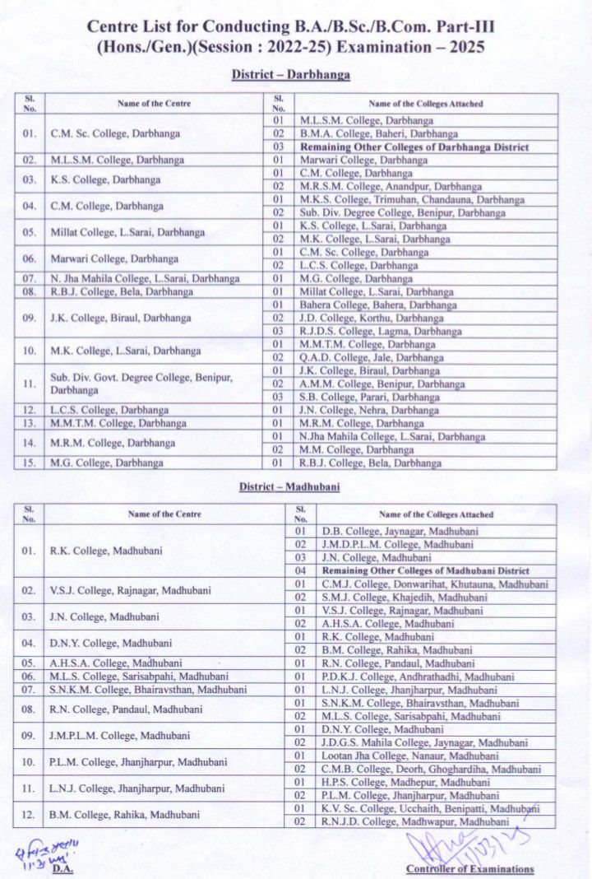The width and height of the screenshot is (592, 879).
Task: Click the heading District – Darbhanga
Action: (x=291, y=75)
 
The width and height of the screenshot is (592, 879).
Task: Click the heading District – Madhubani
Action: (x=289, y=487)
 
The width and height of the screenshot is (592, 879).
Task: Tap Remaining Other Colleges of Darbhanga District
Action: (x=402, y=146)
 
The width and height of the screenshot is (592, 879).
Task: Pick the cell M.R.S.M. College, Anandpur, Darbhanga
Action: (x=391, y=186)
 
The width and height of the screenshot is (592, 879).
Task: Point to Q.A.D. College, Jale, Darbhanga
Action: (x=372, y=358)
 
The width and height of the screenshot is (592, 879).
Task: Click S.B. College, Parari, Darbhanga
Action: (x=369, y=397)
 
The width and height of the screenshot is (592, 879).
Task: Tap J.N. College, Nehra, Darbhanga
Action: (x=369, y=410)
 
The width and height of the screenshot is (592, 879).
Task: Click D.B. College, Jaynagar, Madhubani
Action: (x=389, y=532)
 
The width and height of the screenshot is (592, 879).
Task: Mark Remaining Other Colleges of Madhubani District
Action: (x=425, y=570)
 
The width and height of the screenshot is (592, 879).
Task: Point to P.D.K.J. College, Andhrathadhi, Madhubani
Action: (x=406, y=677)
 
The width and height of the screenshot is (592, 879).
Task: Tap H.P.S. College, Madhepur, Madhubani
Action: (x=394, y=782)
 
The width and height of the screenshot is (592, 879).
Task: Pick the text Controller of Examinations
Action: (x=469, y=869)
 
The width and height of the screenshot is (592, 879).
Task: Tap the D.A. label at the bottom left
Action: (x=62, y=868)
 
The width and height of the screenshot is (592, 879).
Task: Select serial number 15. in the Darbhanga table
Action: (x=29, y=463)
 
